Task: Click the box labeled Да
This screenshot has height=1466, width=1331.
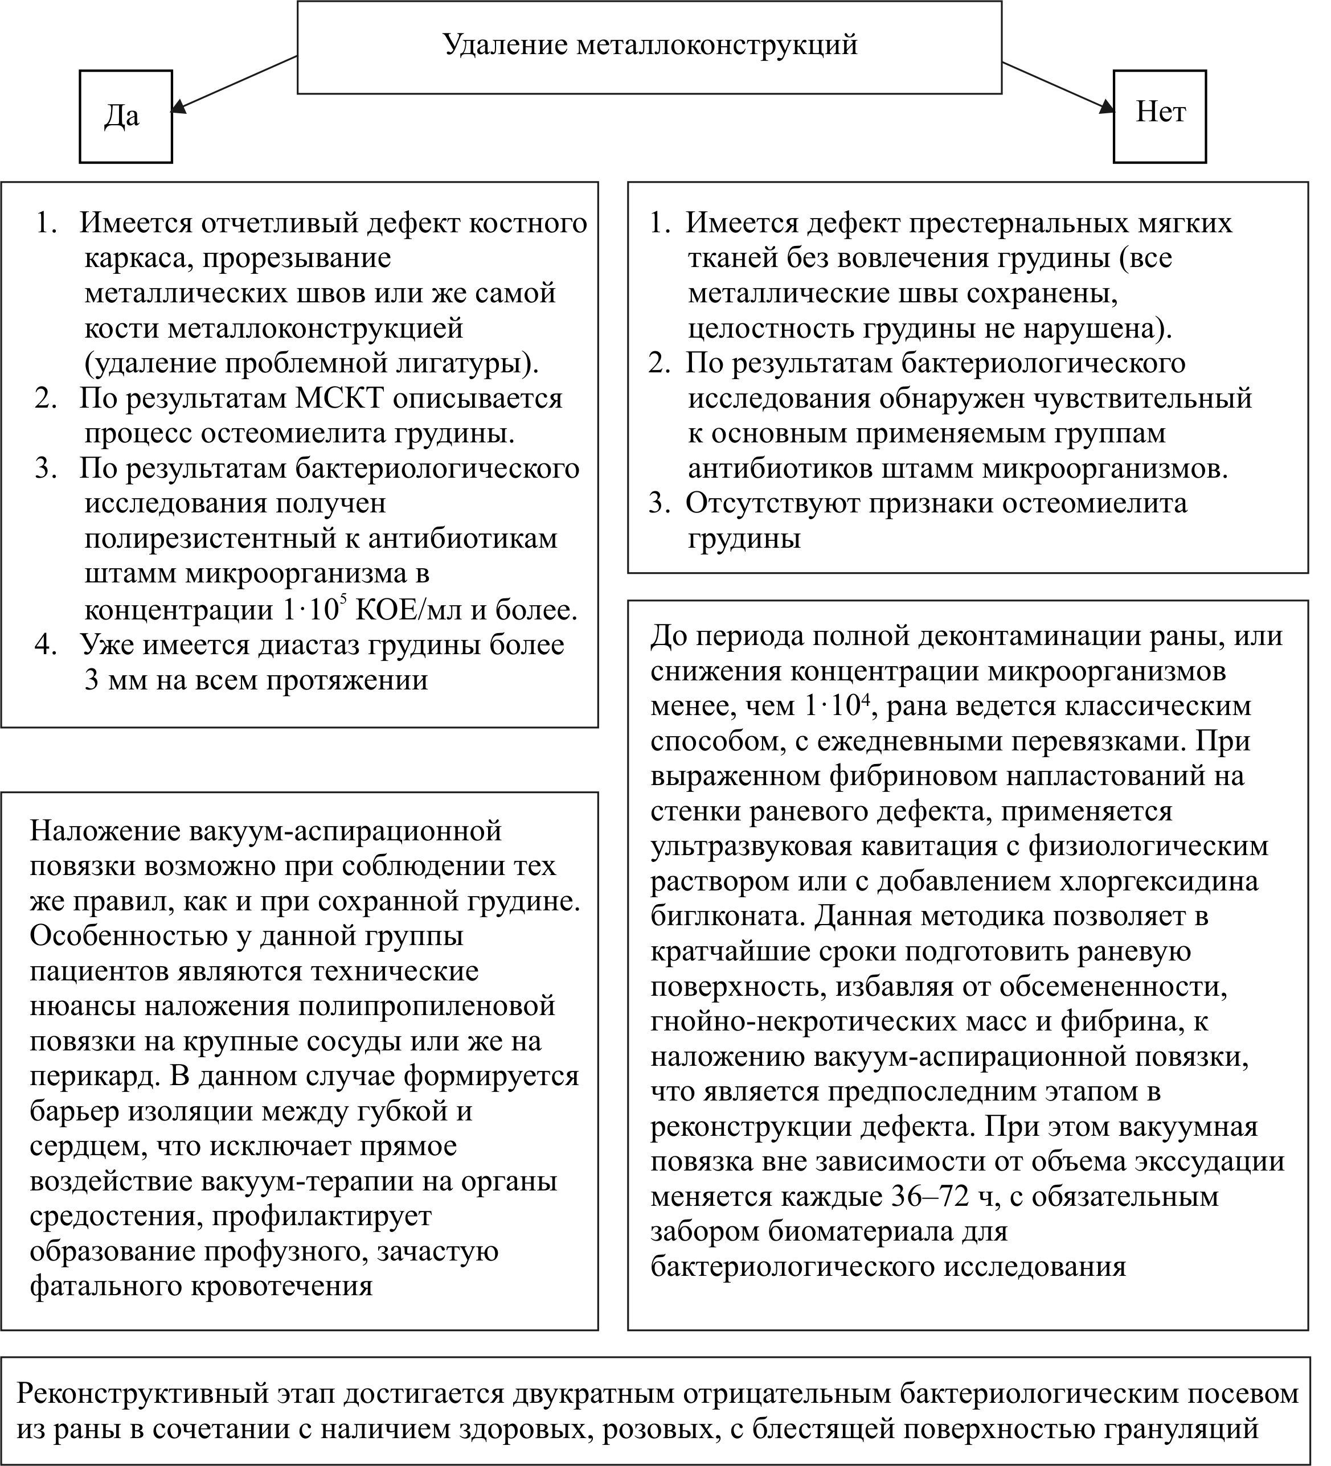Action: tap(125, 116)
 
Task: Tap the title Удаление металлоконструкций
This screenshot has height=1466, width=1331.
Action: tap(649, 46)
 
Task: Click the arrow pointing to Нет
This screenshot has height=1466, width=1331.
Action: tap(1058, 87)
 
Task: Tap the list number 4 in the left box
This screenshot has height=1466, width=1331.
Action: tap(46, 645)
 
